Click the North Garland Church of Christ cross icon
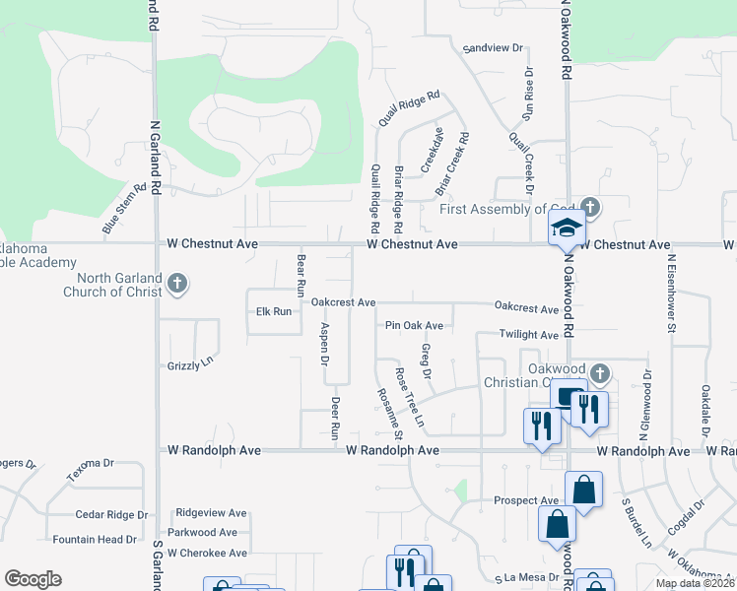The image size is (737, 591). [177, 286]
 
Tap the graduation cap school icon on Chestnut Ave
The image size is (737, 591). [566, 230]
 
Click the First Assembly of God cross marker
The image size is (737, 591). [589, 208]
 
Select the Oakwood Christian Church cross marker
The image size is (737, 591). [598, 373]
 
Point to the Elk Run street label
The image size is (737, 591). [274, 311]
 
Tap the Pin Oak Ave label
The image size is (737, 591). [414, 325]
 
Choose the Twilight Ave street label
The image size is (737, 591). [528, 335]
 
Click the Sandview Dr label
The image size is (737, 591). [494, 47]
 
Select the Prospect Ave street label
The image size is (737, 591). [526, 500]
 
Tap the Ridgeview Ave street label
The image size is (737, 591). [211, 513]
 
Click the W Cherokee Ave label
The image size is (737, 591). [207, 553]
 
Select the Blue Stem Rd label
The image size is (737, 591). [123, 214]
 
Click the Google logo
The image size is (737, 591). [33, 579]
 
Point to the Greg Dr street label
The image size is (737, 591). [427, 361]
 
